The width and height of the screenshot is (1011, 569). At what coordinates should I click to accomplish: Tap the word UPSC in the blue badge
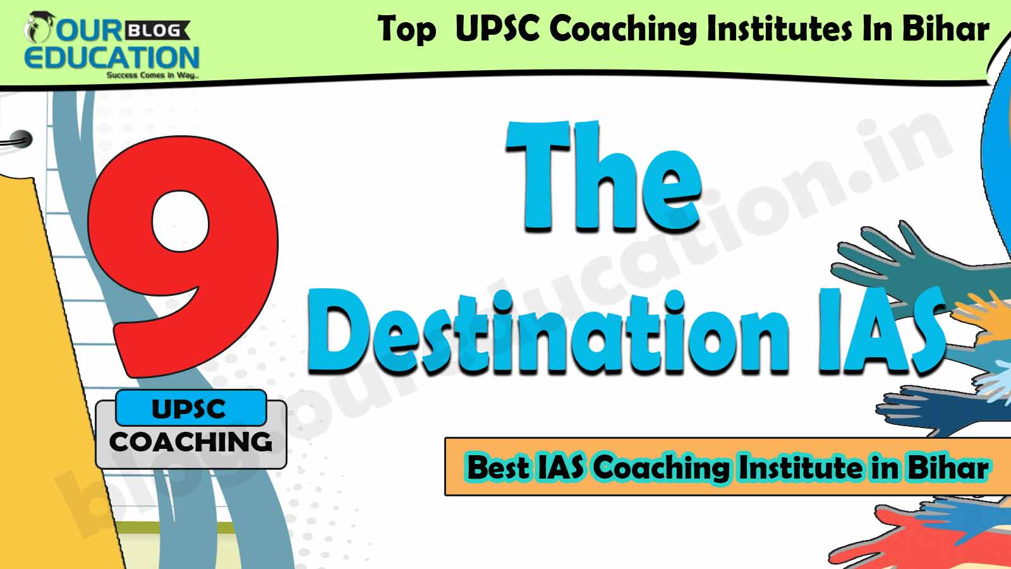pos(189,409)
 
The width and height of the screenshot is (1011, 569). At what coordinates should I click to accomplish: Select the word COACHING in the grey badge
pos(191,442)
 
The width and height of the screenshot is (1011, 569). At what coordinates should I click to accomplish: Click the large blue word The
pos(603,178)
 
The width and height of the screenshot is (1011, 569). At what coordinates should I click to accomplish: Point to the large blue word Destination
pos(548,333)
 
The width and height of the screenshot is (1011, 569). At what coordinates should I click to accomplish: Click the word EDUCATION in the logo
pos(112,58)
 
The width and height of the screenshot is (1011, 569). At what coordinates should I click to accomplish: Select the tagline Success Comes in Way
pos(152,75)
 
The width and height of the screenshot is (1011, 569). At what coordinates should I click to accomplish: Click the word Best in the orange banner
pos(497,467)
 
